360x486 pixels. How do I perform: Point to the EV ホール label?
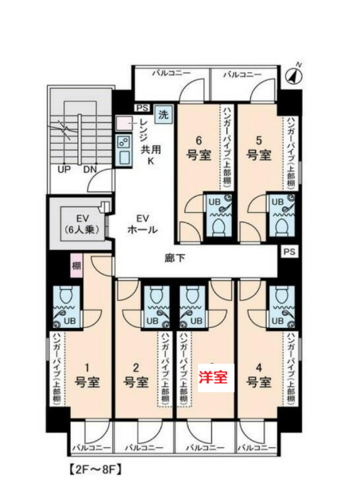point(142,224)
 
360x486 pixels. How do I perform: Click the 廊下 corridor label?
point(176,258)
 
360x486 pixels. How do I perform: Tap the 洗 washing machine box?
point(163,114)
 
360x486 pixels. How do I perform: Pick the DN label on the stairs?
point(90,169)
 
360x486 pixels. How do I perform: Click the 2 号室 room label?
point(135,374)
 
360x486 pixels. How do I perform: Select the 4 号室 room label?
point(257,374)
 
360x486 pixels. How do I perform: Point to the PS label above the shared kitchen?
point(142,107)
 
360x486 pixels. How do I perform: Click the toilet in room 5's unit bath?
point(280,226)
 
